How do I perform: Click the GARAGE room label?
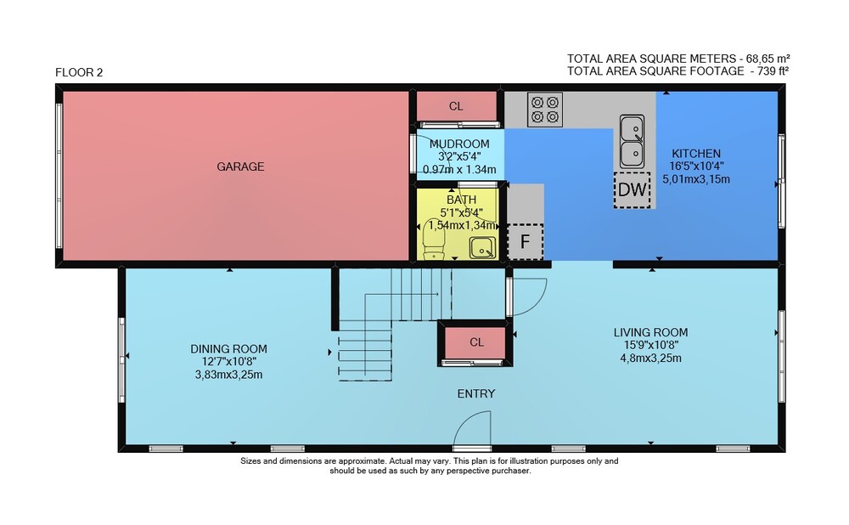click(240, 167)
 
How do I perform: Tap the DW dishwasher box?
click(632, 190)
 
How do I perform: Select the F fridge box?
click(525, 241)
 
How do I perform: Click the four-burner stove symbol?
click(545, 110)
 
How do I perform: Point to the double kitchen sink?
click(632, 141)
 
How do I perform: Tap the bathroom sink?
click(482, 248)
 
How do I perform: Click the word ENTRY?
click(476, 394)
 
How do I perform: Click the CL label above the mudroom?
click(456, 107)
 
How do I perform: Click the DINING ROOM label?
click(228, 349)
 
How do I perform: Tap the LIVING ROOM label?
click(650, 333)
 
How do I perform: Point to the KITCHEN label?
click(696, 154)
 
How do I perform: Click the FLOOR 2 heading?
click(79, 72)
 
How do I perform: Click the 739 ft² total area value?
click(769, 71)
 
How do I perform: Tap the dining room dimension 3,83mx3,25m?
click(228, 375)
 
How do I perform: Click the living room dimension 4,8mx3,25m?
click(650, 358)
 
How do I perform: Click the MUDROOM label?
click(459, 144)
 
